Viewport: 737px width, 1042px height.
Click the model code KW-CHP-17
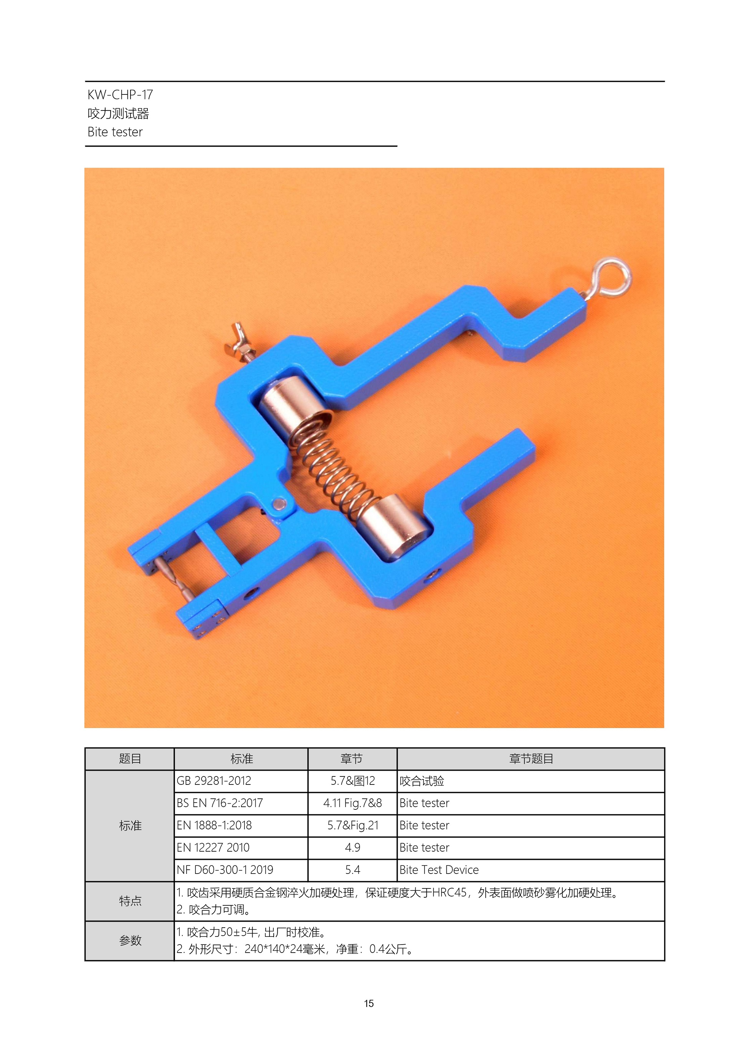point(120,95)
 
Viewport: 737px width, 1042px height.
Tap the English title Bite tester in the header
point(115,132)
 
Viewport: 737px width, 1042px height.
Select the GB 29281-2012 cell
point(241,781)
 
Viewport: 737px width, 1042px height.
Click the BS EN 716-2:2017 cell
point(241,803)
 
